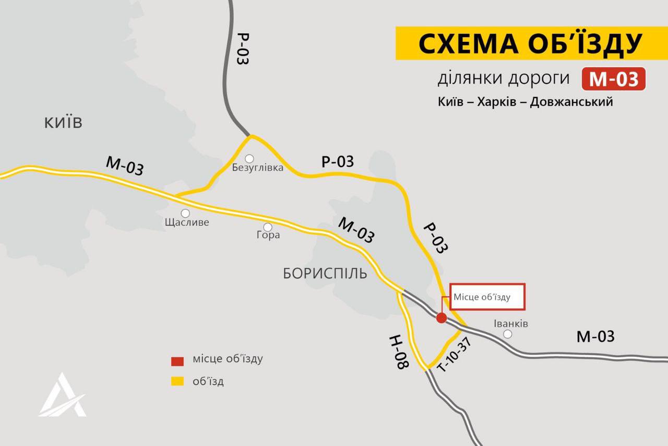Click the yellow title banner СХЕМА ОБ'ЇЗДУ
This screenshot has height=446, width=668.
pyautogui.click(x=530, y=43)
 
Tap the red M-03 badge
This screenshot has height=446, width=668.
pyautogui.click(x=614, y=79)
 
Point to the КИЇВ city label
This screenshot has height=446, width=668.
pyautogui.click(x=63, y=123)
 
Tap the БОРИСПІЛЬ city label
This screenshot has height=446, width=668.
pyautogui.click(x=325, y=274)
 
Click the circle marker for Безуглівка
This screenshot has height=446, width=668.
pyautogui.click(x=249, y=158)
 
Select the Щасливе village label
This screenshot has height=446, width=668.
pyautogui.click(x=186, y=222)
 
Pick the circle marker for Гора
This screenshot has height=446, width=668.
pyautogui.click(x=268, y=227)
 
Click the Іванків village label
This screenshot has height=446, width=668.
pyautogui.click(x=510, y=324)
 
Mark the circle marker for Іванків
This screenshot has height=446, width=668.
pyautogui.click(x=507, y=334)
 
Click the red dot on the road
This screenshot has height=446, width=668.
pyautogui.click(x=441, y=318)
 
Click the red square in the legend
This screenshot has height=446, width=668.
pyautogui.click(x=177, y=361)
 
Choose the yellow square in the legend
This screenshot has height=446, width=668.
pyautogui.click(x=177, y=382)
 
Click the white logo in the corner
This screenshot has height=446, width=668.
pyautogui.click(x=63, y=395)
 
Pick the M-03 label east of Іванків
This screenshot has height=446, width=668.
pyautogui.click(x=595, y=337)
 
